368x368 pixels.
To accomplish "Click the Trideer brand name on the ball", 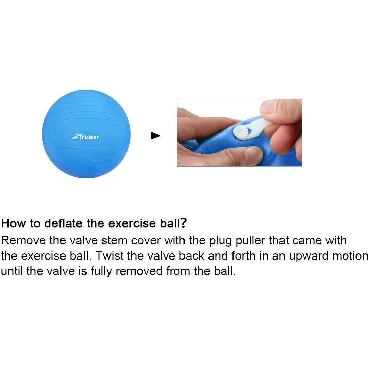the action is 89,137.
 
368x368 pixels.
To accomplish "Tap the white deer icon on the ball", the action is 75,137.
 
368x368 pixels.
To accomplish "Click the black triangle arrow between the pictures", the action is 155,136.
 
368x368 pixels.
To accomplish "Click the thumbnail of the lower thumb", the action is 253,153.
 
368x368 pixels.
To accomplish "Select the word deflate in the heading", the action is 64,223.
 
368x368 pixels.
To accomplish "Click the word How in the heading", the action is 14,223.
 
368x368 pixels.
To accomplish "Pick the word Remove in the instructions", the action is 23,240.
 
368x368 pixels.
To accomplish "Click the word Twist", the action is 109,255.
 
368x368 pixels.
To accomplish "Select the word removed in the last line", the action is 139,271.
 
